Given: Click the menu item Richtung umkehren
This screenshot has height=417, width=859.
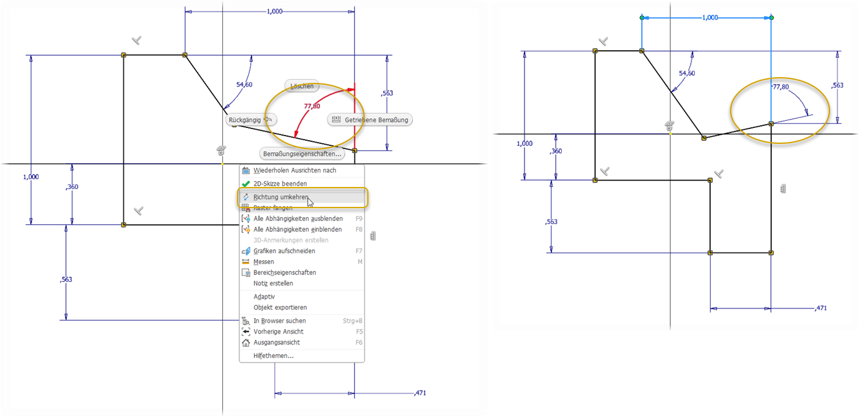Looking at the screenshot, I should point(281,197).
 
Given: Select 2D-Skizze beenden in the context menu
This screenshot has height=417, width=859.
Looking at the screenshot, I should point(280,184).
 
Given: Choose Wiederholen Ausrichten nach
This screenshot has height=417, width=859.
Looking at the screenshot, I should point(295,170).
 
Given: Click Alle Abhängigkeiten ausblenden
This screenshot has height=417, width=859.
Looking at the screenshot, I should point(298,218).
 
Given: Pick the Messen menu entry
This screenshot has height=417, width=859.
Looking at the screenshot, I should point(264,262).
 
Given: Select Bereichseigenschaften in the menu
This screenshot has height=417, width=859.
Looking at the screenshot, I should point(284,272).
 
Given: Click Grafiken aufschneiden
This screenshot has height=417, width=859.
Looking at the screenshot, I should point(284,251).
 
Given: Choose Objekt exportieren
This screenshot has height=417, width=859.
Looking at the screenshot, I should point(280,307).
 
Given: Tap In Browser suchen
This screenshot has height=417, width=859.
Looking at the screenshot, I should point(279,321).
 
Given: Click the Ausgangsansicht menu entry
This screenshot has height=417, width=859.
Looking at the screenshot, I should point(276,342).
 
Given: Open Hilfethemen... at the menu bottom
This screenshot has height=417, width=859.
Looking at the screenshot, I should point(273,355).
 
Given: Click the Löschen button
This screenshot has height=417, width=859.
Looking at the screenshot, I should point(302,85).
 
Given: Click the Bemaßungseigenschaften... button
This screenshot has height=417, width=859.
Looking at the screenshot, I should point(302,154).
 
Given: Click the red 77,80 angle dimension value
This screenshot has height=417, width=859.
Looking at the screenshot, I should point(312,106).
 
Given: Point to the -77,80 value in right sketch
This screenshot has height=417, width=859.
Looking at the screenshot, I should point(779,87).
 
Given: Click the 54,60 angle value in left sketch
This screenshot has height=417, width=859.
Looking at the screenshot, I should point(245,84).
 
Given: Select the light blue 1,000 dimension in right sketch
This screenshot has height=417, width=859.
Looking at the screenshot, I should point(710,18).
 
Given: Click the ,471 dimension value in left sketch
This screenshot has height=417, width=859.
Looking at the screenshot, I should point(420,393).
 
